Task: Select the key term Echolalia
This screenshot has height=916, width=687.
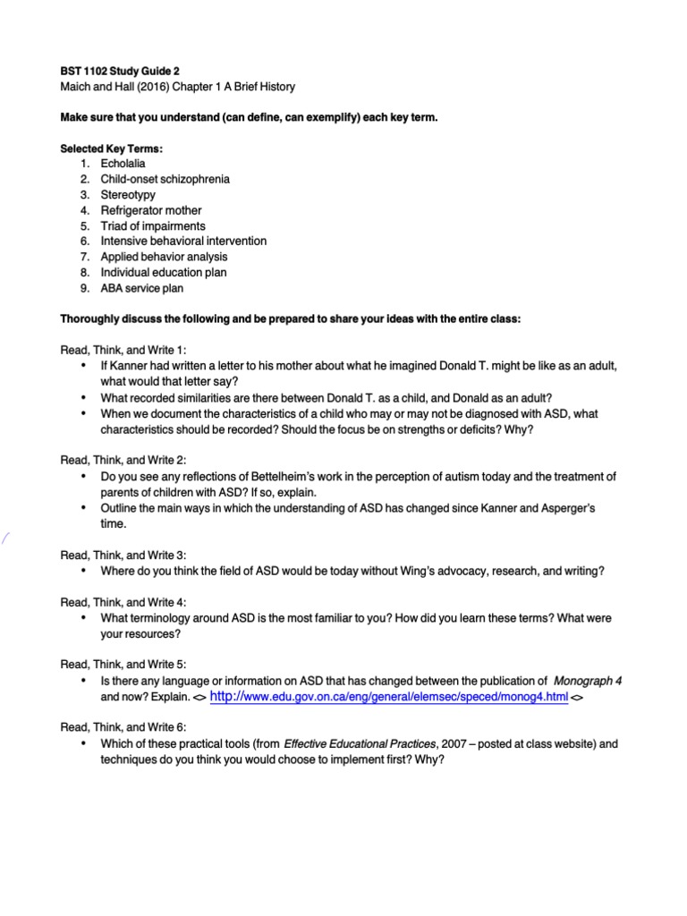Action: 123,164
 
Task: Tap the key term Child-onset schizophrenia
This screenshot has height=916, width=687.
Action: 165,179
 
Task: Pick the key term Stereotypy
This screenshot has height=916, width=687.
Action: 127,195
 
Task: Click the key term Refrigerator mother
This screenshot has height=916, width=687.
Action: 151,210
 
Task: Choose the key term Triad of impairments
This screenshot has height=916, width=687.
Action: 153,226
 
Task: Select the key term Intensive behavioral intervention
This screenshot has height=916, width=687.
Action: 183,242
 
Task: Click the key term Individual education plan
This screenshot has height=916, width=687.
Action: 163,273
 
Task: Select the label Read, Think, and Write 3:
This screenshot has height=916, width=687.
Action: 123,556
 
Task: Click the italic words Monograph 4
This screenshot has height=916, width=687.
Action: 588,681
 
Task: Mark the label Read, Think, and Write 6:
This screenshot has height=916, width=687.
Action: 123,728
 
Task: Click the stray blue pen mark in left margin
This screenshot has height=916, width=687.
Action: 6,539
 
